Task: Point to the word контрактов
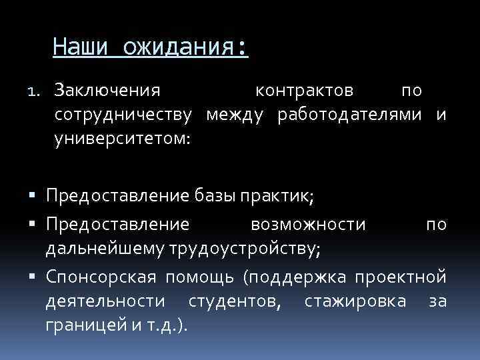305,89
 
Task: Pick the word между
235,115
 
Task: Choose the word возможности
308,224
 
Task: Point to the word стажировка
355,301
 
